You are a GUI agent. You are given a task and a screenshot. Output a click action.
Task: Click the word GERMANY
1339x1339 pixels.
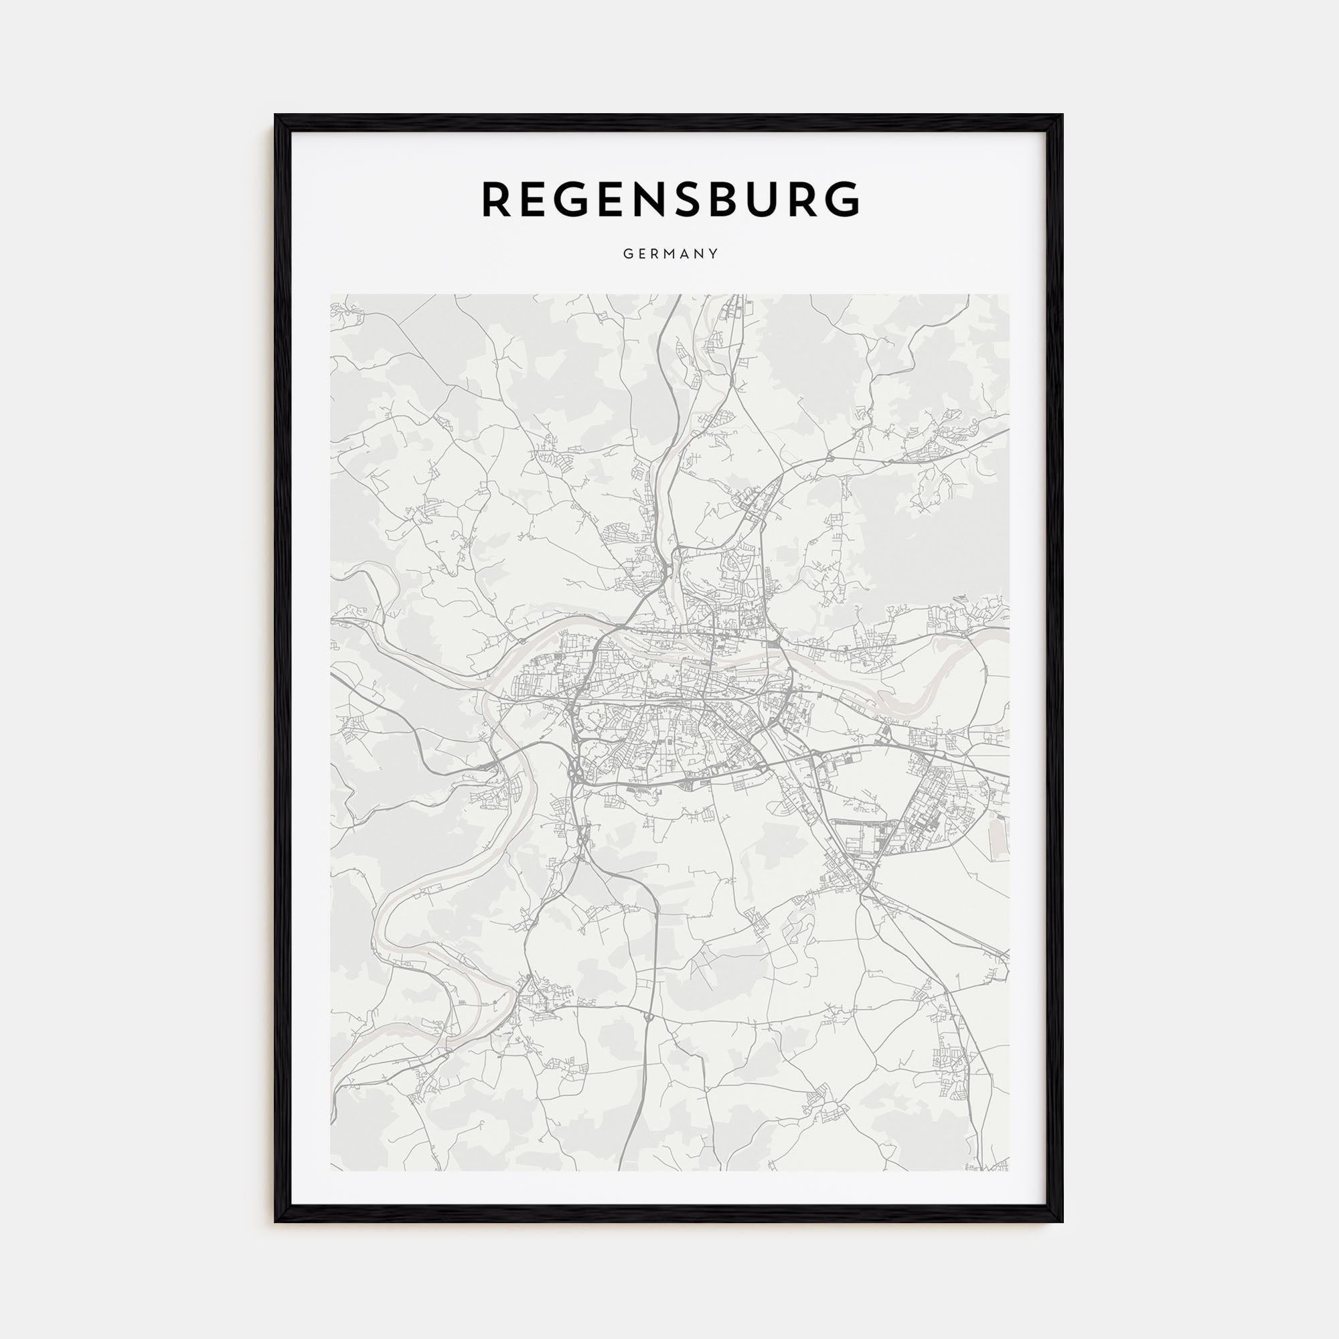pos(670,254)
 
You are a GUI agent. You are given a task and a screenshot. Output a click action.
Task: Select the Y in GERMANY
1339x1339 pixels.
pos(713,254)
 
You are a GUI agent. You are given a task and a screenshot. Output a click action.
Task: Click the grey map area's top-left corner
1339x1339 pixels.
pos(331,295)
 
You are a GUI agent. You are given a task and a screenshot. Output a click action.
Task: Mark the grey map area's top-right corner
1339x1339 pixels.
pos(1009,295)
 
